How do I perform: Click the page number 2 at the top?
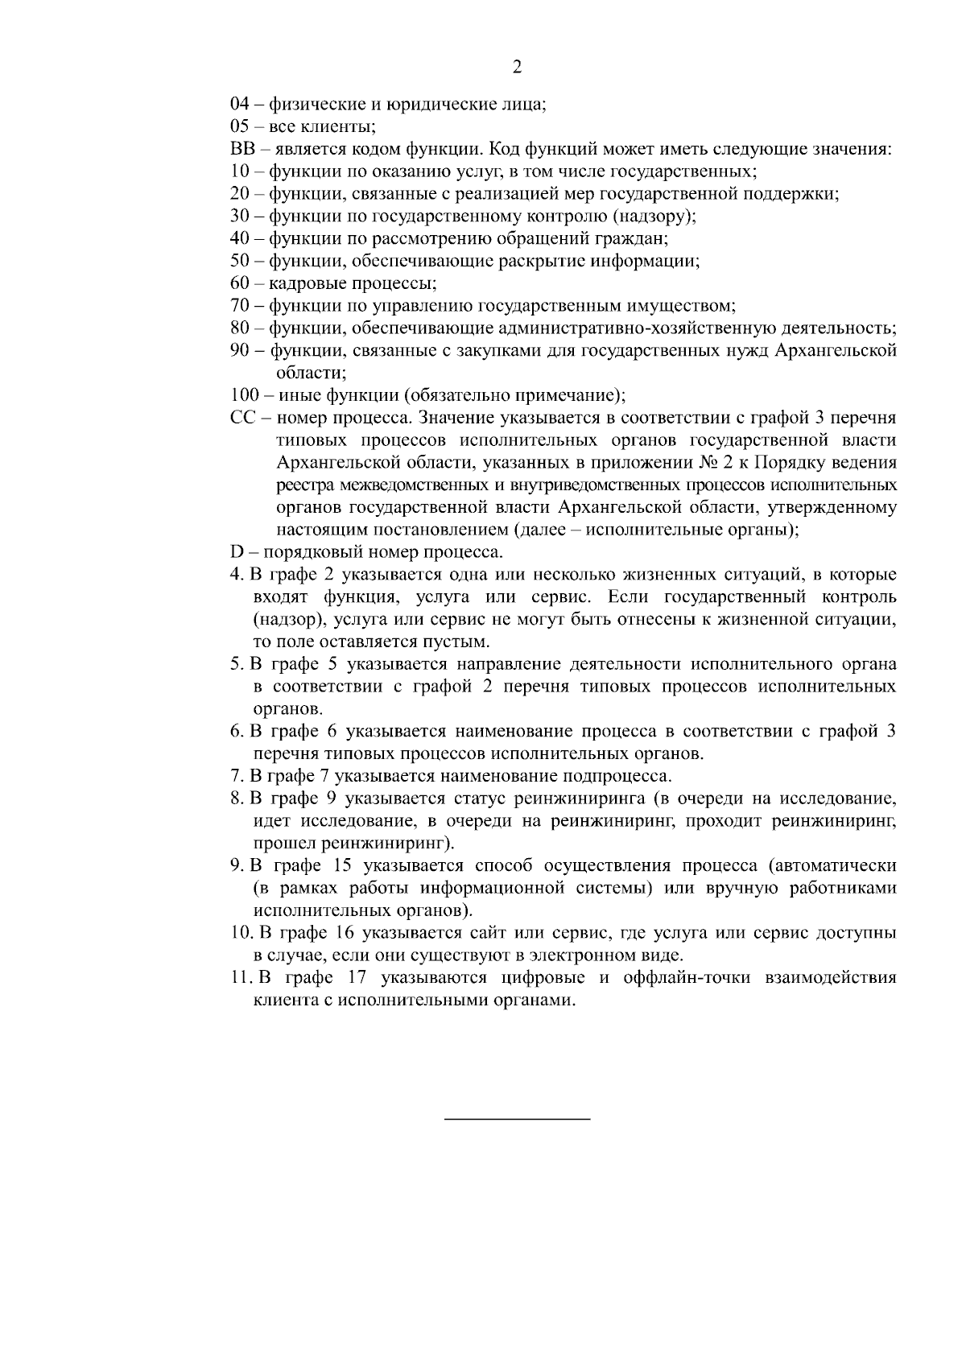pos(517,68)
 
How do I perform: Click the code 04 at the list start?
pos(240,104)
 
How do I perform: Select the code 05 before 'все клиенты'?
pos(240,126)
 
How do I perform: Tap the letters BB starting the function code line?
pos(242,149)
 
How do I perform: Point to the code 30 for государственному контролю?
pos(240,217)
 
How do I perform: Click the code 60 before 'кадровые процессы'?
pos(240,283)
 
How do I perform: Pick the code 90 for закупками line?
pos(240,351)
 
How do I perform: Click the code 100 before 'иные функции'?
pos(244,395)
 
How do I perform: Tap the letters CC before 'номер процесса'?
pos(242,419)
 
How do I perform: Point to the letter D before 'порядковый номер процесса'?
pos(237,553)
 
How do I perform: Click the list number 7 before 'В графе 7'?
pos(235,777)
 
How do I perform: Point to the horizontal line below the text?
pos(517,1119)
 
